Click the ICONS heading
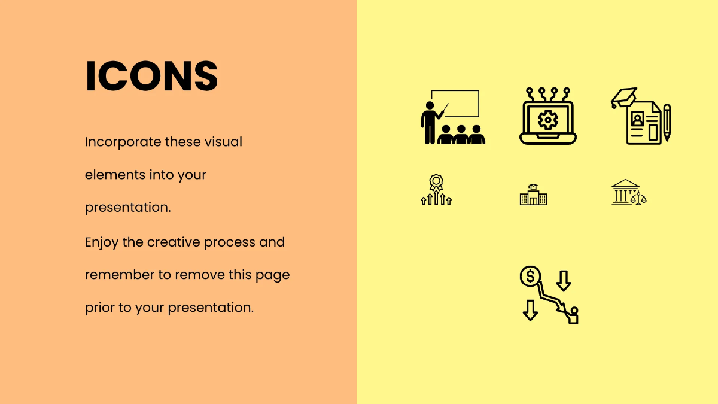151,77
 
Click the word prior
99,308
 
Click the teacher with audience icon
452,117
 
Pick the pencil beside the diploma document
667,122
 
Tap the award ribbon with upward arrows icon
436,190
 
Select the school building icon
533,195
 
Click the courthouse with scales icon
629,192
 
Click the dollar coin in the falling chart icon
530,276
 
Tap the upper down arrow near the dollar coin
564,280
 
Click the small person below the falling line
573,315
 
